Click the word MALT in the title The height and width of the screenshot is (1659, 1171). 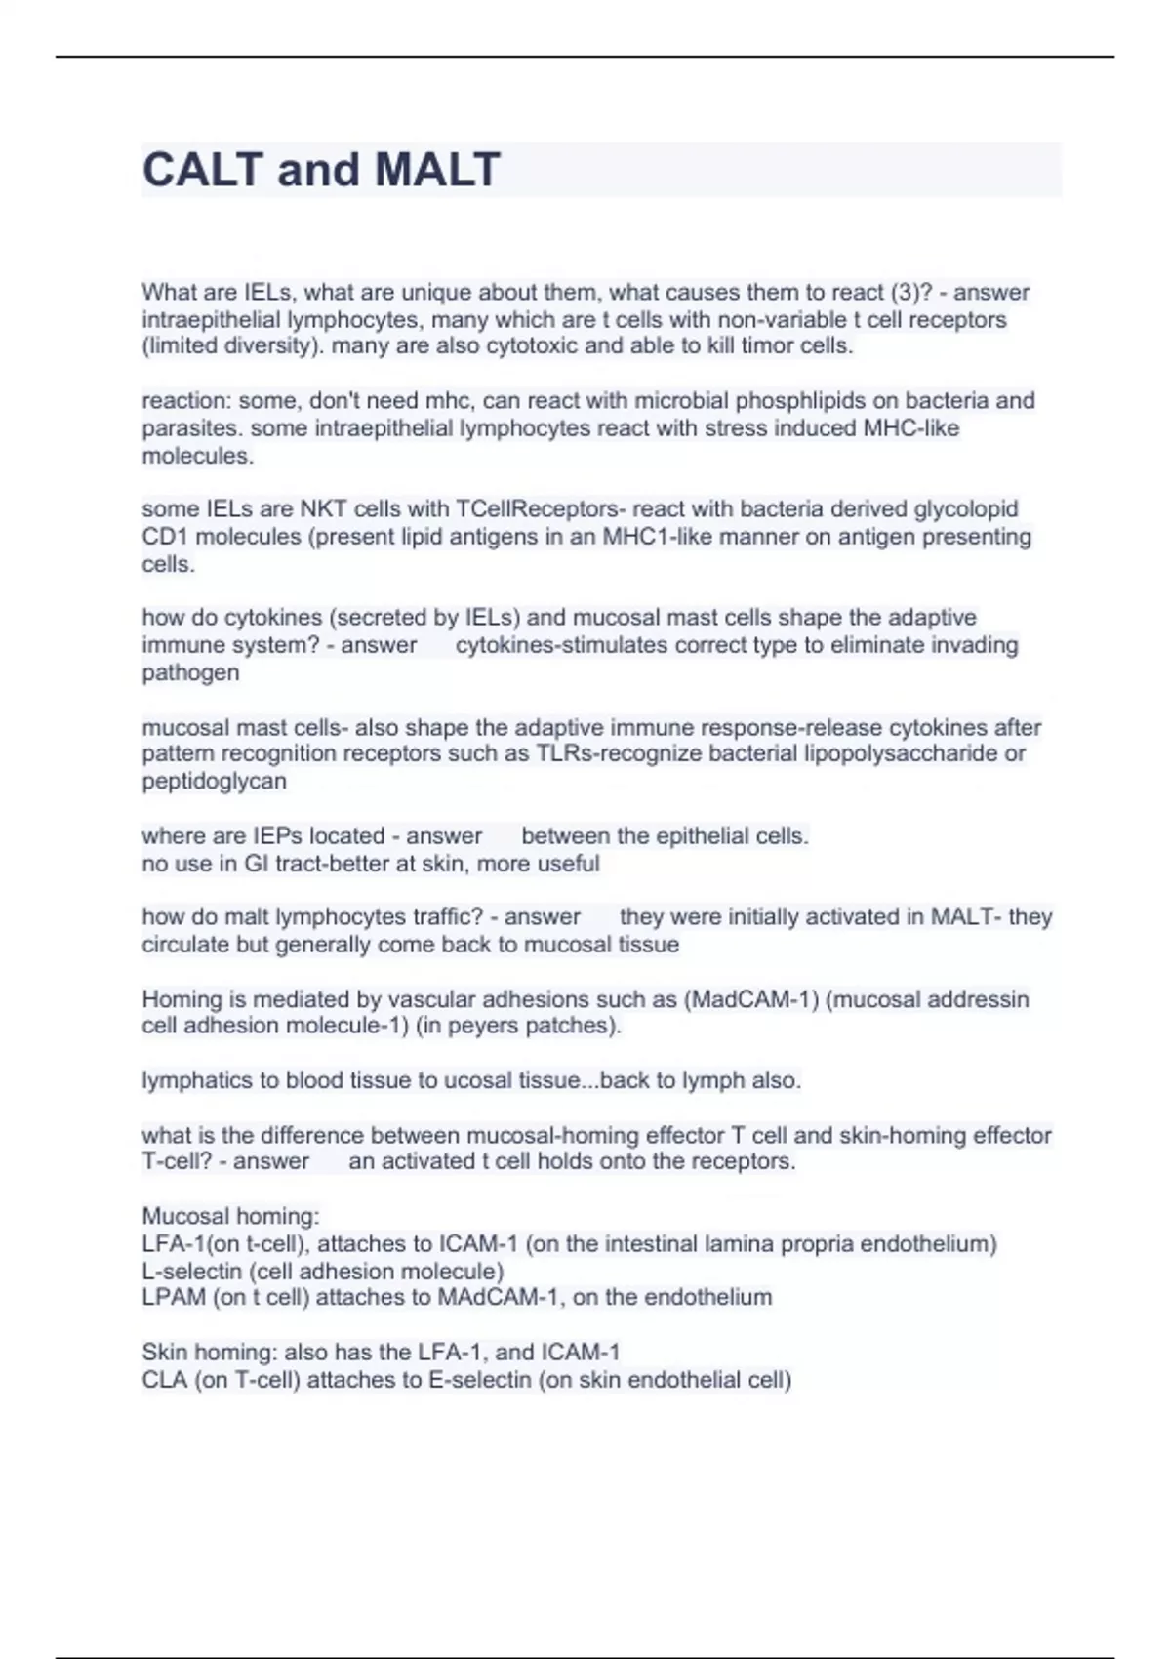pyautogui.click(x=437, y=170)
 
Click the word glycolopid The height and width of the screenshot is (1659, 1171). pyautogui.click(x=965, y=509)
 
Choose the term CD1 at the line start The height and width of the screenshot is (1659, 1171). pyautogui.click(x=163, y=537)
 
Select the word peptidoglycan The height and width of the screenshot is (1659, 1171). pyautogui.click(x=214, y=781)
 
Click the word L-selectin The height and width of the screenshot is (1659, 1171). pyautogui.click(x=191, y=1272)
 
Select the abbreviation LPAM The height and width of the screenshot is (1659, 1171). pyautogui.click(x=173, y=1298)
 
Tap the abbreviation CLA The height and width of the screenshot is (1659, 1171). pyautogui.click(x=164, y=1380)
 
